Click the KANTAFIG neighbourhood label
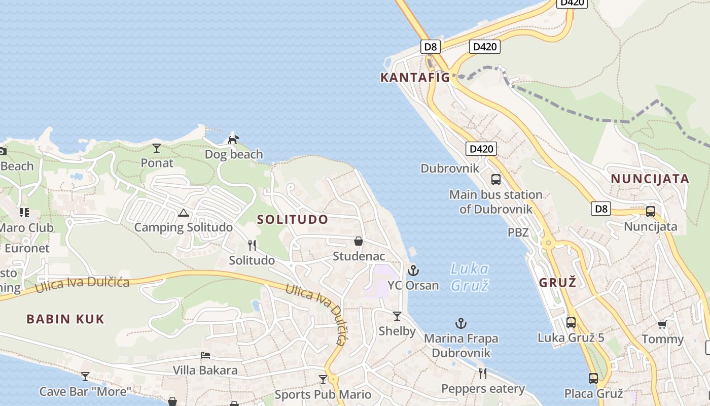pos(415,78)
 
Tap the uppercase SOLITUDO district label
pos(293,220)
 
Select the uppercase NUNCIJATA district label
pos(650,179)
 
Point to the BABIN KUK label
pos(65,319)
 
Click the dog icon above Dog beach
pos(233,139)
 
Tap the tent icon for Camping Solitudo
pos(184,213)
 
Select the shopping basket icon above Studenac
pos(359,241)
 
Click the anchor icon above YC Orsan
pos(413,270)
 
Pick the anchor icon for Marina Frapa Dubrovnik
pos(460,323)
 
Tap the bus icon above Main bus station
pos(496,179)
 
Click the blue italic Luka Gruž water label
pos(470,277)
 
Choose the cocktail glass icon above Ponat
pos(157,148)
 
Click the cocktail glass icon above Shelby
pos(397,316)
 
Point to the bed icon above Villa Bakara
pos(205,355)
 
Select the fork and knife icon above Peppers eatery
pos(483,374)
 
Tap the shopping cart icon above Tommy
pos(662,324)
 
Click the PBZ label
pos(518,232)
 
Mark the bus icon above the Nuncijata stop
pos(650,212)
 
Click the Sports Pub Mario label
pos(323,394)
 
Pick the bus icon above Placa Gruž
pos(593,378)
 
